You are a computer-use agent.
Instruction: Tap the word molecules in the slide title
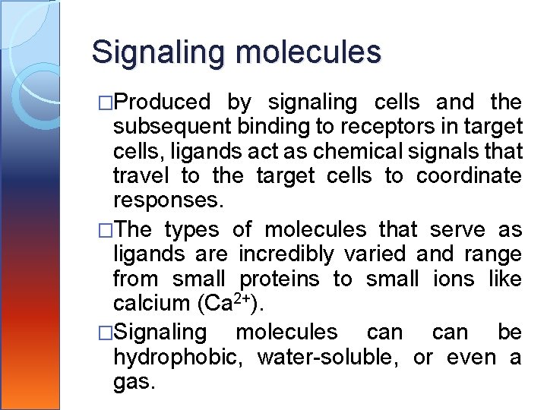pyautogui.click(x=308, y=52)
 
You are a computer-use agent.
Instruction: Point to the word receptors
pyautogui.click(x=382, y=127)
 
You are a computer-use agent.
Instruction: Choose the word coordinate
pyautogui.click(x=469, y=176)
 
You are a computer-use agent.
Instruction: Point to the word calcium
pyautogui.click(x=151, y=304)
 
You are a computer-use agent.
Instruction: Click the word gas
pyautogui.click(x=134, y=382)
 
